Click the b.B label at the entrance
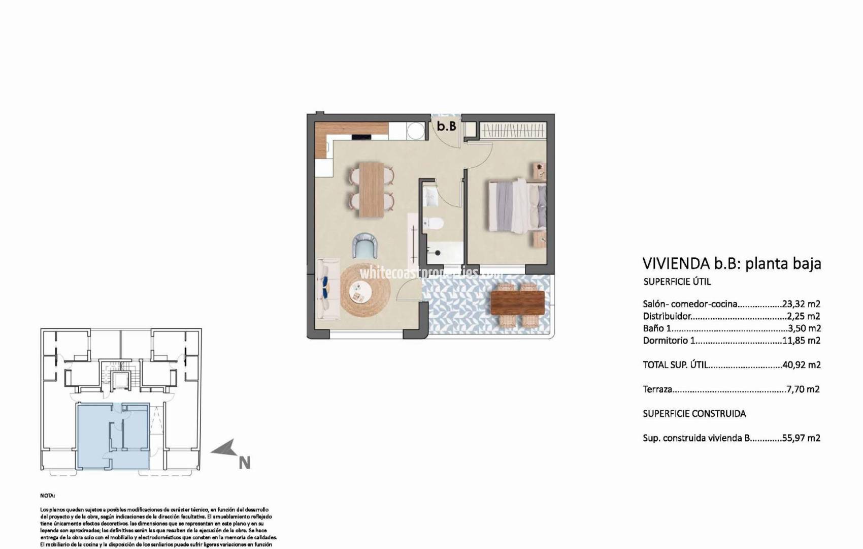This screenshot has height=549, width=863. pyautogui.click(x=447, y=126)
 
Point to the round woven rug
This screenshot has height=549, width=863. pyautogui.click(x=365, y=290)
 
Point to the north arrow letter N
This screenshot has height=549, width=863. pyautogui.click(x=244, y=463)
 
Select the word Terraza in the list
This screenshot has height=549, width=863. pyautogui.click(x=657, y=389)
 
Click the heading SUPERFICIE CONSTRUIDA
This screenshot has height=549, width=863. pyautogui.click(x=694, y=414)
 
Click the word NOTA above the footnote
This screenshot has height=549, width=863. pyautogui.click(x=48, y=495)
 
